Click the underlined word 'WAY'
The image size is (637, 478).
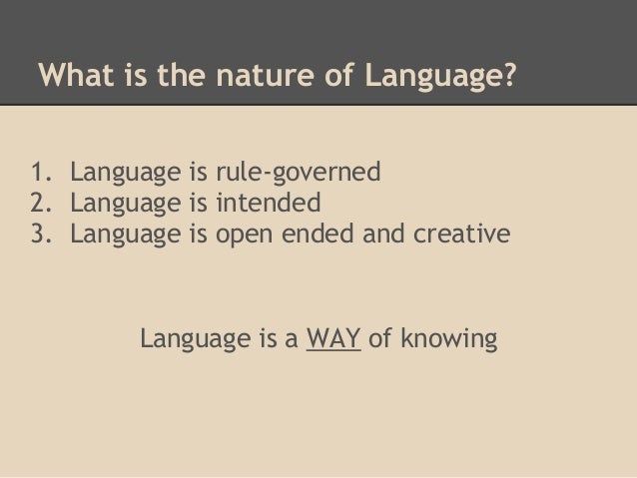pyautogui.click(x=333, y=339)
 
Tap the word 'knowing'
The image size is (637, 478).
pyautogui.click(x=446, y=340)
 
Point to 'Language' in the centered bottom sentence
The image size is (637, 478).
pyautogui.click(x=196, y=340)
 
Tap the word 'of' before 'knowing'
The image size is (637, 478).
pyautogui.click(x=379, y=339)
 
